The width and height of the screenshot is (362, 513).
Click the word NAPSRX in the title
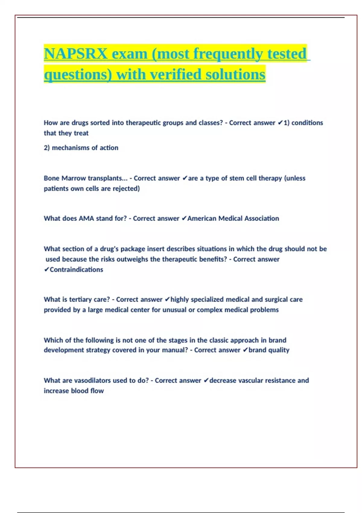point(75,54)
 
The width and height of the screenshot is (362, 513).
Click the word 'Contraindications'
point(76,270)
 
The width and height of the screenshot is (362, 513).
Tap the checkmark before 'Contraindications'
point(46,270)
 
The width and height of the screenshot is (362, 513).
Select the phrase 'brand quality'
point(269,350)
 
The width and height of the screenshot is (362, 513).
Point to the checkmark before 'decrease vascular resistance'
point(206,381)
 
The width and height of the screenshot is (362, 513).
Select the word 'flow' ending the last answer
point(97,391)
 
